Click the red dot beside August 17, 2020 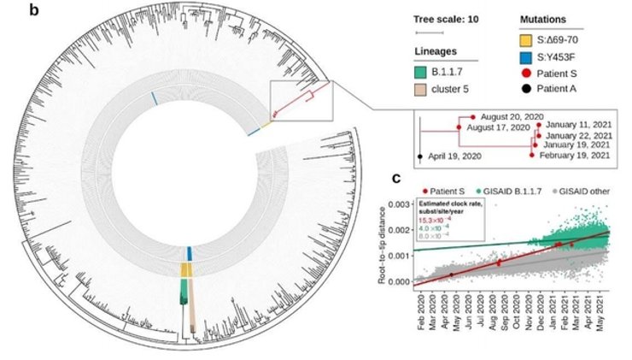coord(459,127)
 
